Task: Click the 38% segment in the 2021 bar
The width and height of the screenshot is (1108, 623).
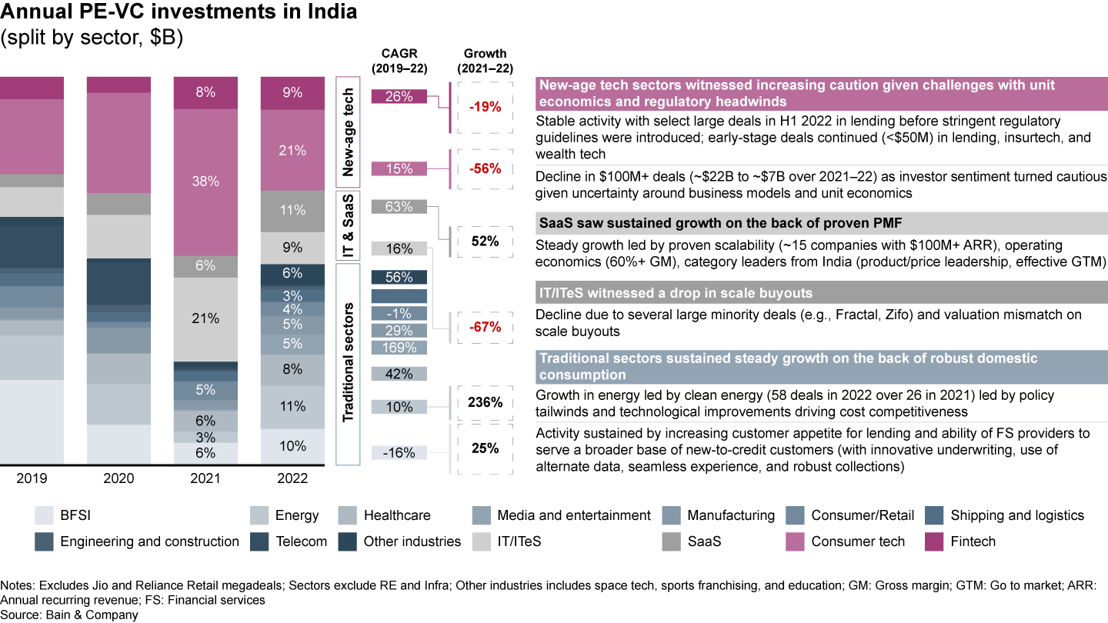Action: pyautogui.click(x=206, y=182)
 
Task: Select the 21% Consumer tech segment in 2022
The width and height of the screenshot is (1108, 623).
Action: pyautogui.click(x=292, y=151)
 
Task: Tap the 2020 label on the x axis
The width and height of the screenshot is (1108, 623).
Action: pyautogui.click(x=118, y=478)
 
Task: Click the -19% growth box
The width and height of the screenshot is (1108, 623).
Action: pyautogui.click(x=486, y=107)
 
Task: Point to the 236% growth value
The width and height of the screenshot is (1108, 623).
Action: pyautogui.click(x=486, y=402)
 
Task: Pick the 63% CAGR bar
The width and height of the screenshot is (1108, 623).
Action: pyautogui.click(x=399, y=206)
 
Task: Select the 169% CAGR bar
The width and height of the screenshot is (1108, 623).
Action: pyautogui.click(x=399, y=348)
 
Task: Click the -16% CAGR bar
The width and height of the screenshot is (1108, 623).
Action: pyautogui.click(x=399, y=453)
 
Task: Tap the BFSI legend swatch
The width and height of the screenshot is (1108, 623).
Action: pyautogui.click(x=45, y=515)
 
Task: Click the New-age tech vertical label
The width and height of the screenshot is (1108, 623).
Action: pyautogui.click(x=348, y=132)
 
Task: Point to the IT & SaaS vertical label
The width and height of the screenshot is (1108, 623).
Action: pyautogui.click(x=348, y=225)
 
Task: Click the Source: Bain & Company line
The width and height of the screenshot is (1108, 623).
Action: pyautogui.click(x=69, y=615)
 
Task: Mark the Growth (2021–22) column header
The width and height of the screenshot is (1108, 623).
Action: pyautogui.click(x=486, y=59)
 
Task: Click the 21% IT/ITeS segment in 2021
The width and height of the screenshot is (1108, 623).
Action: pyautogui.click(x=206, y=318)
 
